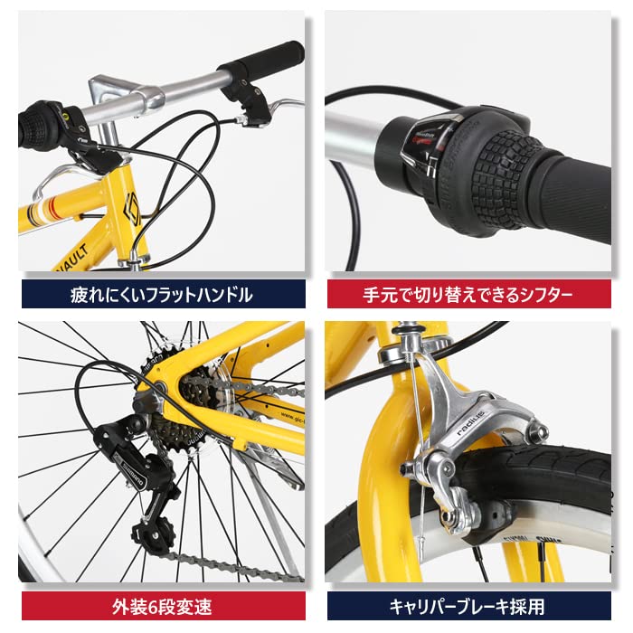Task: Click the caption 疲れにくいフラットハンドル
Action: tap(162, 294)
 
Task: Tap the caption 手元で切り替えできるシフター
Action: tap(469, 294)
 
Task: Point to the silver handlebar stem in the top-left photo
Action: tap(127, 93)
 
